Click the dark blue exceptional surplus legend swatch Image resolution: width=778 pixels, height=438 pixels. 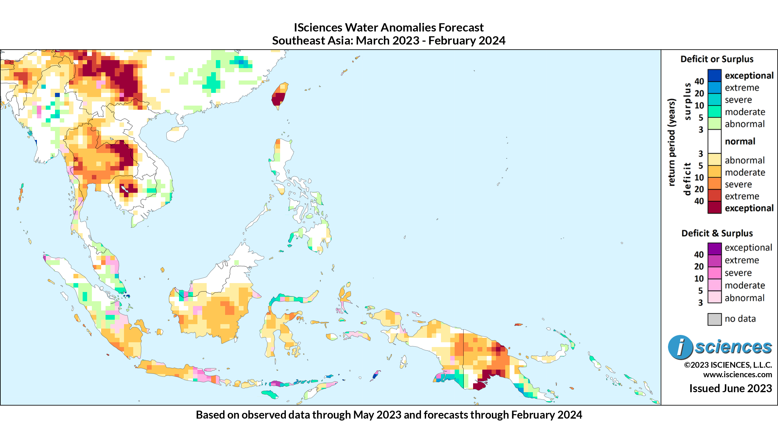[x=714, y=75]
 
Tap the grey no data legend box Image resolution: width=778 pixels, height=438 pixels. [x=714, y=319]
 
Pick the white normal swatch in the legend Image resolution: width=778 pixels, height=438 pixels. [x=714, y=141]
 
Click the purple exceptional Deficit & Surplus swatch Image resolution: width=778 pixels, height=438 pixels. [x=714, y=248]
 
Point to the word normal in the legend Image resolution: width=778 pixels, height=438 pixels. [x=740, y=141]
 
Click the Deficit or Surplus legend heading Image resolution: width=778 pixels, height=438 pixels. [x=717, y=59]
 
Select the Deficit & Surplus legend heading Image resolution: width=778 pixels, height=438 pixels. [x=717, y=233]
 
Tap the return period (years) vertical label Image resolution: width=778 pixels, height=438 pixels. [x=671, y=142]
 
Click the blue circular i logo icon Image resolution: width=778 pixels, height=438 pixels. [x=680, y=347]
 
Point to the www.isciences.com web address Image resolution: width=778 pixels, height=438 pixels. [x=737, y=375]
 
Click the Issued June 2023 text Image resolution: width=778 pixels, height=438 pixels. [x=730, y=388]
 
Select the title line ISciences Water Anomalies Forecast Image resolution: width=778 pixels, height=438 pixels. [x=389, y=28]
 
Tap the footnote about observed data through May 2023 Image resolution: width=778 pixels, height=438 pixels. [x=389, y=415]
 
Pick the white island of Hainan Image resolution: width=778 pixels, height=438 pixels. [x=177, y=134]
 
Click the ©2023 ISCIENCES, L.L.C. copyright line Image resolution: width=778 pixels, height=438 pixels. [x=728, y=365]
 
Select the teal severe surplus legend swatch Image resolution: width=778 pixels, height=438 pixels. [x=714, y=100]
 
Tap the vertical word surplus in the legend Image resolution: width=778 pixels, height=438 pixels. [x=688, y=101]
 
